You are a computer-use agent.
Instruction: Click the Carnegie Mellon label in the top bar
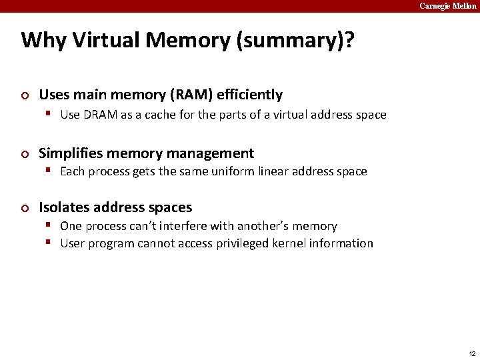[x=448, y=6]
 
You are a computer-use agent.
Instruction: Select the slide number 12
[x=472, y=353]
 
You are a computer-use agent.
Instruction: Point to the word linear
[x=284, y=171]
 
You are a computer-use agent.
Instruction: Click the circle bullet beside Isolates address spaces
[x=25, y=208]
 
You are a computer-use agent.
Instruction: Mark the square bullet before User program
[x=50, y=243]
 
